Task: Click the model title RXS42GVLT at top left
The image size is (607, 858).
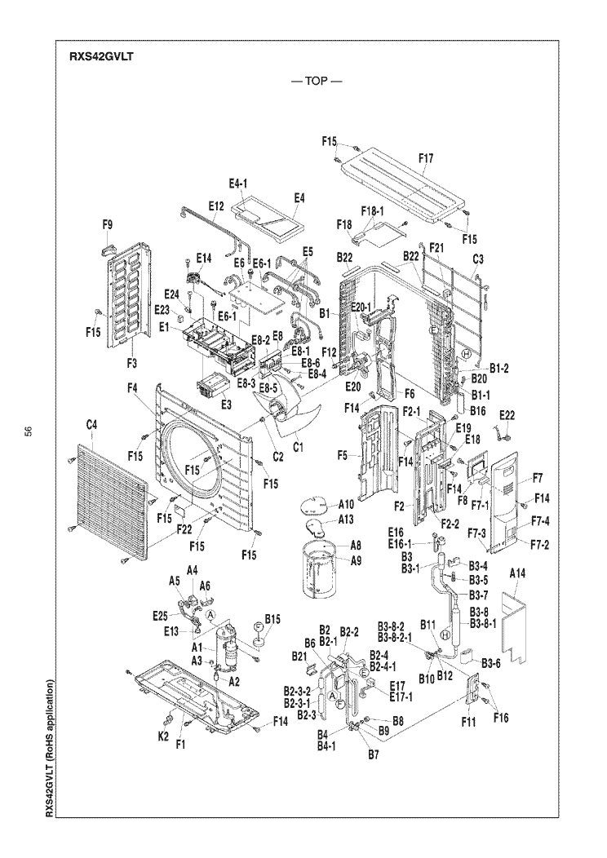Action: pos(101,56)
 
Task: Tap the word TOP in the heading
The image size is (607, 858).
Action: pos(317,81)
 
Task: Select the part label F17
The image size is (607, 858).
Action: pos(426,159)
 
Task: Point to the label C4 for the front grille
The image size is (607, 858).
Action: pos(91,423)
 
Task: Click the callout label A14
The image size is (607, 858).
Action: pos(517,573)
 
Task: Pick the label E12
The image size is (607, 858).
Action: pos(216,206)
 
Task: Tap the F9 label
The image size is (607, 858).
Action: pos(108,224)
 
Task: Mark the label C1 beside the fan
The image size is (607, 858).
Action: pos(298,447)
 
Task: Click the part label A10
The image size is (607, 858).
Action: pos(346,504)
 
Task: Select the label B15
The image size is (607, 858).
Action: pos(272,619)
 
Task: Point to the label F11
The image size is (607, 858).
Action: pos(468,723)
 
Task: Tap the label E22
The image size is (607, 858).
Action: pos(507,416)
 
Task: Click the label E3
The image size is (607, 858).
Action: pos(226,405)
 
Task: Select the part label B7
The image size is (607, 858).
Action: pos(374,755)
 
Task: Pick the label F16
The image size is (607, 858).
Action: pos(501,718)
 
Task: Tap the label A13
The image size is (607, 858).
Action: pos(346,520)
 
